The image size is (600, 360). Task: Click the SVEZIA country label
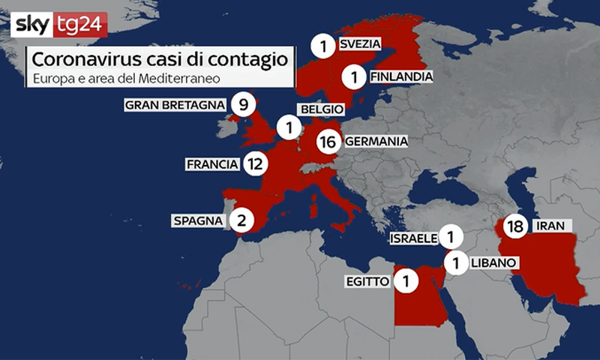click(359, 44)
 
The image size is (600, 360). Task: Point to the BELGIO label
click(322, 109)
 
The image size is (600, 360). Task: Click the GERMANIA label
click(376, 141)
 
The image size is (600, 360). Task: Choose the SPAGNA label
click(197, 221)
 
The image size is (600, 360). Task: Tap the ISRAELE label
click(413, 238)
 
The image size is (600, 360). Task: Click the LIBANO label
click(493, 262)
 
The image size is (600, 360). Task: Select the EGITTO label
click(367, 282)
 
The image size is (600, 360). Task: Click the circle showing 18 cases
click(514, 226)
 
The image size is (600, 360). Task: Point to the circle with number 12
click(254, 163)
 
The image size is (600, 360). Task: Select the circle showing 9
click(241, 104)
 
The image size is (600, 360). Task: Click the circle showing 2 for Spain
click(241, 220)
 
